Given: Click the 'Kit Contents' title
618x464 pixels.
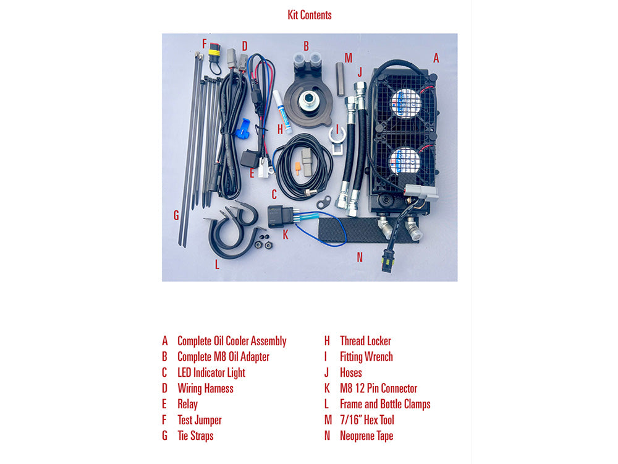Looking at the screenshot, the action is point(310,15).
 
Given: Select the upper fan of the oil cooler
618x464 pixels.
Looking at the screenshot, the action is point(406,103).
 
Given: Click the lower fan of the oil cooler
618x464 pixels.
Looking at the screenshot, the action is point(404,161).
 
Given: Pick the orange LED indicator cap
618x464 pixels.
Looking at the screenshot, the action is point(298,168).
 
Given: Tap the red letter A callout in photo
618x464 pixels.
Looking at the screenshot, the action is point(436,58).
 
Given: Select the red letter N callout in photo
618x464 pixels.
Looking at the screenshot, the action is point(360,257).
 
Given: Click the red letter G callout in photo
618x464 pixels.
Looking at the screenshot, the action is point(176,215).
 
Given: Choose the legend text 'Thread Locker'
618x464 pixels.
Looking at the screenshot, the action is point(365,341).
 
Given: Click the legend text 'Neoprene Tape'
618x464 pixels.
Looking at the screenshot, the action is point(366,436).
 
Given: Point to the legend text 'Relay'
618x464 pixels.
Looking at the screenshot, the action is point(188,405).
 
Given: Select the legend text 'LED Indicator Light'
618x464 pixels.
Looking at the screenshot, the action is point(211,373).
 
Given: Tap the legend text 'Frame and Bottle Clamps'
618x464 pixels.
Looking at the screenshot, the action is point(385,405).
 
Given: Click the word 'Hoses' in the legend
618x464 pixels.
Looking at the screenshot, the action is point(351,373).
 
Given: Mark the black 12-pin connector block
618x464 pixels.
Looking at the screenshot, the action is point(279,217).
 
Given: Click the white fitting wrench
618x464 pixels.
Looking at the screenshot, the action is point(338,140).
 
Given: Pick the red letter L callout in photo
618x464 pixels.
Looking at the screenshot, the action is point(217,265).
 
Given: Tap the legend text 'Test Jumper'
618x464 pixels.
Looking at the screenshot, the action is point(200,420).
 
